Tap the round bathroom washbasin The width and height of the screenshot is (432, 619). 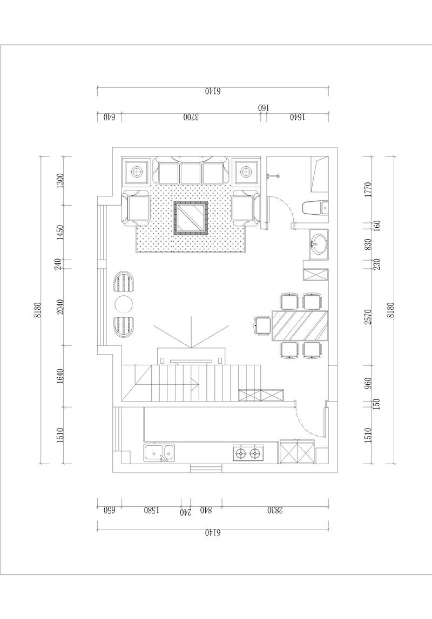pos(319,244)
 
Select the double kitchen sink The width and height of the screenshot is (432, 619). pos(159,453)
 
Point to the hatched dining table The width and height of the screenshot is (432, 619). pos(300,325)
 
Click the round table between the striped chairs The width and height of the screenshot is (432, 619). pos(124,304)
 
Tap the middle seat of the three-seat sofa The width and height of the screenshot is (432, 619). pos(191,173)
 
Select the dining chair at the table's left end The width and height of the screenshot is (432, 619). pos(262,325)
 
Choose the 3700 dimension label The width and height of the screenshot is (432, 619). pos(191,117)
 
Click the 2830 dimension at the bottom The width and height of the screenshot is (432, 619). pos(275,510)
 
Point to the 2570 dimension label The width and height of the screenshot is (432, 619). pos(368,317)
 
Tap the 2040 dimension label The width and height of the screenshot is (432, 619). pos(60,307)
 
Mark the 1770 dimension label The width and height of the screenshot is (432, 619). pos(368,190)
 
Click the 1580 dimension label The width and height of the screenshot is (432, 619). pos(151,510)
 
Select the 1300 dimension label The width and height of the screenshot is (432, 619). pos(60,181)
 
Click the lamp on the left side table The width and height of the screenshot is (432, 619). pos(136,172)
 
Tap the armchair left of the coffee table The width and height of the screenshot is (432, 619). pos(136,208)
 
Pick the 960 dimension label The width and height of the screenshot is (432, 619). pos(368,383)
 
